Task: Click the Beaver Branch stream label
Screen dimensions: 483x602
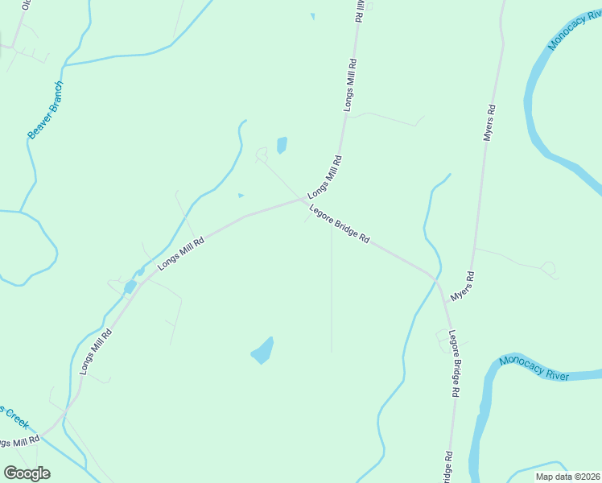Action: coord(46,110)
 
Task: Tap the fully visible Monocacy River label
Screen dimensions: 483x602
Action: coord(534,368)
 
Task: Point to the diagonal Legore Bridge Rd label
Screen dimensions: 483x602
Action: coord(339,223)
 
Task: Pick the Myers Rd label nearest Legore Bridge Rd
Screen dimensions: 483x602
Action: coord(463,287)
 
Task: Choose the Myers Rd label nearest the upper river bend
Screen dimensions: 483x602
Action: coord(489,122)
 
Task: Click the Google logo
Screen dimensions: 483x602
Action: coord(27,473)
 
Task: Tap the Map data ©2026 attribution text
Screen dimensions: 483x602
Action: coord(567,477)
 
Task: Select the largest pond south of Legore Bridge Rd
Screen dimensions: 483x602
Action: coord(262,351)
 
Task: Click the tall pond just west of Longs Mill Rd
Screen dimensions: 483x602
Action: coord(282,146)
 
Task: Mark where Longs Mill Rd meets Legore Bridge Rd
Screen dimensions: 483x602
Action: coord(305,199)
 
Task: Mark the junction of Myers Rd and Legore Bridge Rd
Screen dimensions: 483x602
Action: coord(438,280)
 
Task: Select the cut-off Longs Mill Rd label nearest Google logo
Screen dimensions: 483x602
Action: coord(19,442)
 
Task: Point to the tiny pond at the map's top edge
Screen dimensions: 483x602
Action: coord(312,15)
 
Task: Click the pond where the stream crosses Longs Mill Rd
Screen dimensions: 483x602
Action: coord(130,287)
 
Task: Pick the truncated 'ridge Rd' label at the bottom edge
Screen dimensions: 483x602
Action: coord(448,466)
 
